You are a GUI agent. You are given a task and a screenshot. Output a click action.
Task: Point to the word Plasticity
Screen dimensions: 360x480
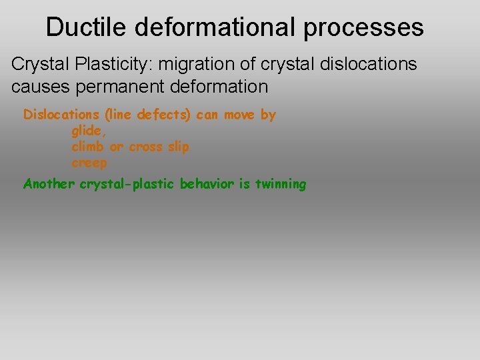pos(112,64)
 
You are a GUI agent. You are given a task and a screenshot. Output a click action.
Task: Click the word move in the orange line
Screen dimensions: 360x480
pos(239,115)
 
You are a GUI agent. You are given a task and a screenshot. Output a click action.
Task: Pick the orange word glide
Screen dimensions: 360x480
pos(88,131)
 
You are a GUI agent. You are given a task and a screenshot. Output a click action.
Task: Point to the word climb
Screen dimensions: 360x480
pos(87,147)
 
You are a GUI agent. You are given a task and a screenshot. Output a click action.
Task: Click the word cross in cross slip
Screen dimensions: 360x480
pos(145,147)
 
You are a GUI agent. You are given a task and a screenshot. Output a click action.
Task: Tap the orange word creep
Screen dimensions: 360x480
pos(89,163)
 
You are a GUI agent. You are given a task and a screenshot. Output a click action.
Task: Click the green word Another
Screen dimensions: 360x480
pos(49,184)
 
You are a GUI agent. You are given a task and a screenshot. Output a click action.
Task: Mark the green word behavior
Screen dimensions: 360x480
pos(207,184)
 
